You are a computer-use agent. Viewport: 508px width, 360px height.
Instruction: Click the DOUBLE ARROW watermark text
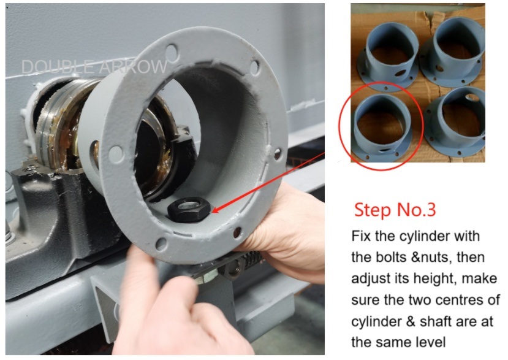[94, 66]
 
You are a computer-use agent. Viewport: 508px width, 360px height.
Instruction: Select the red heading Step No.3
[395, 210]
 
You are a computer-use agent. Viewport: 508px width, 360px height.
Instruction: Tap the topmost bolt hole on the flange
[172, 52]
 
